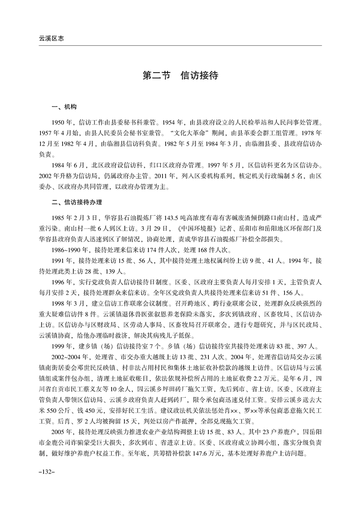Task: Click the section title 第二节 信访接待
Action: [180, 75]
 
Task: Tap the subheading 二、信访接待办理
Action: [76, 202]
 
